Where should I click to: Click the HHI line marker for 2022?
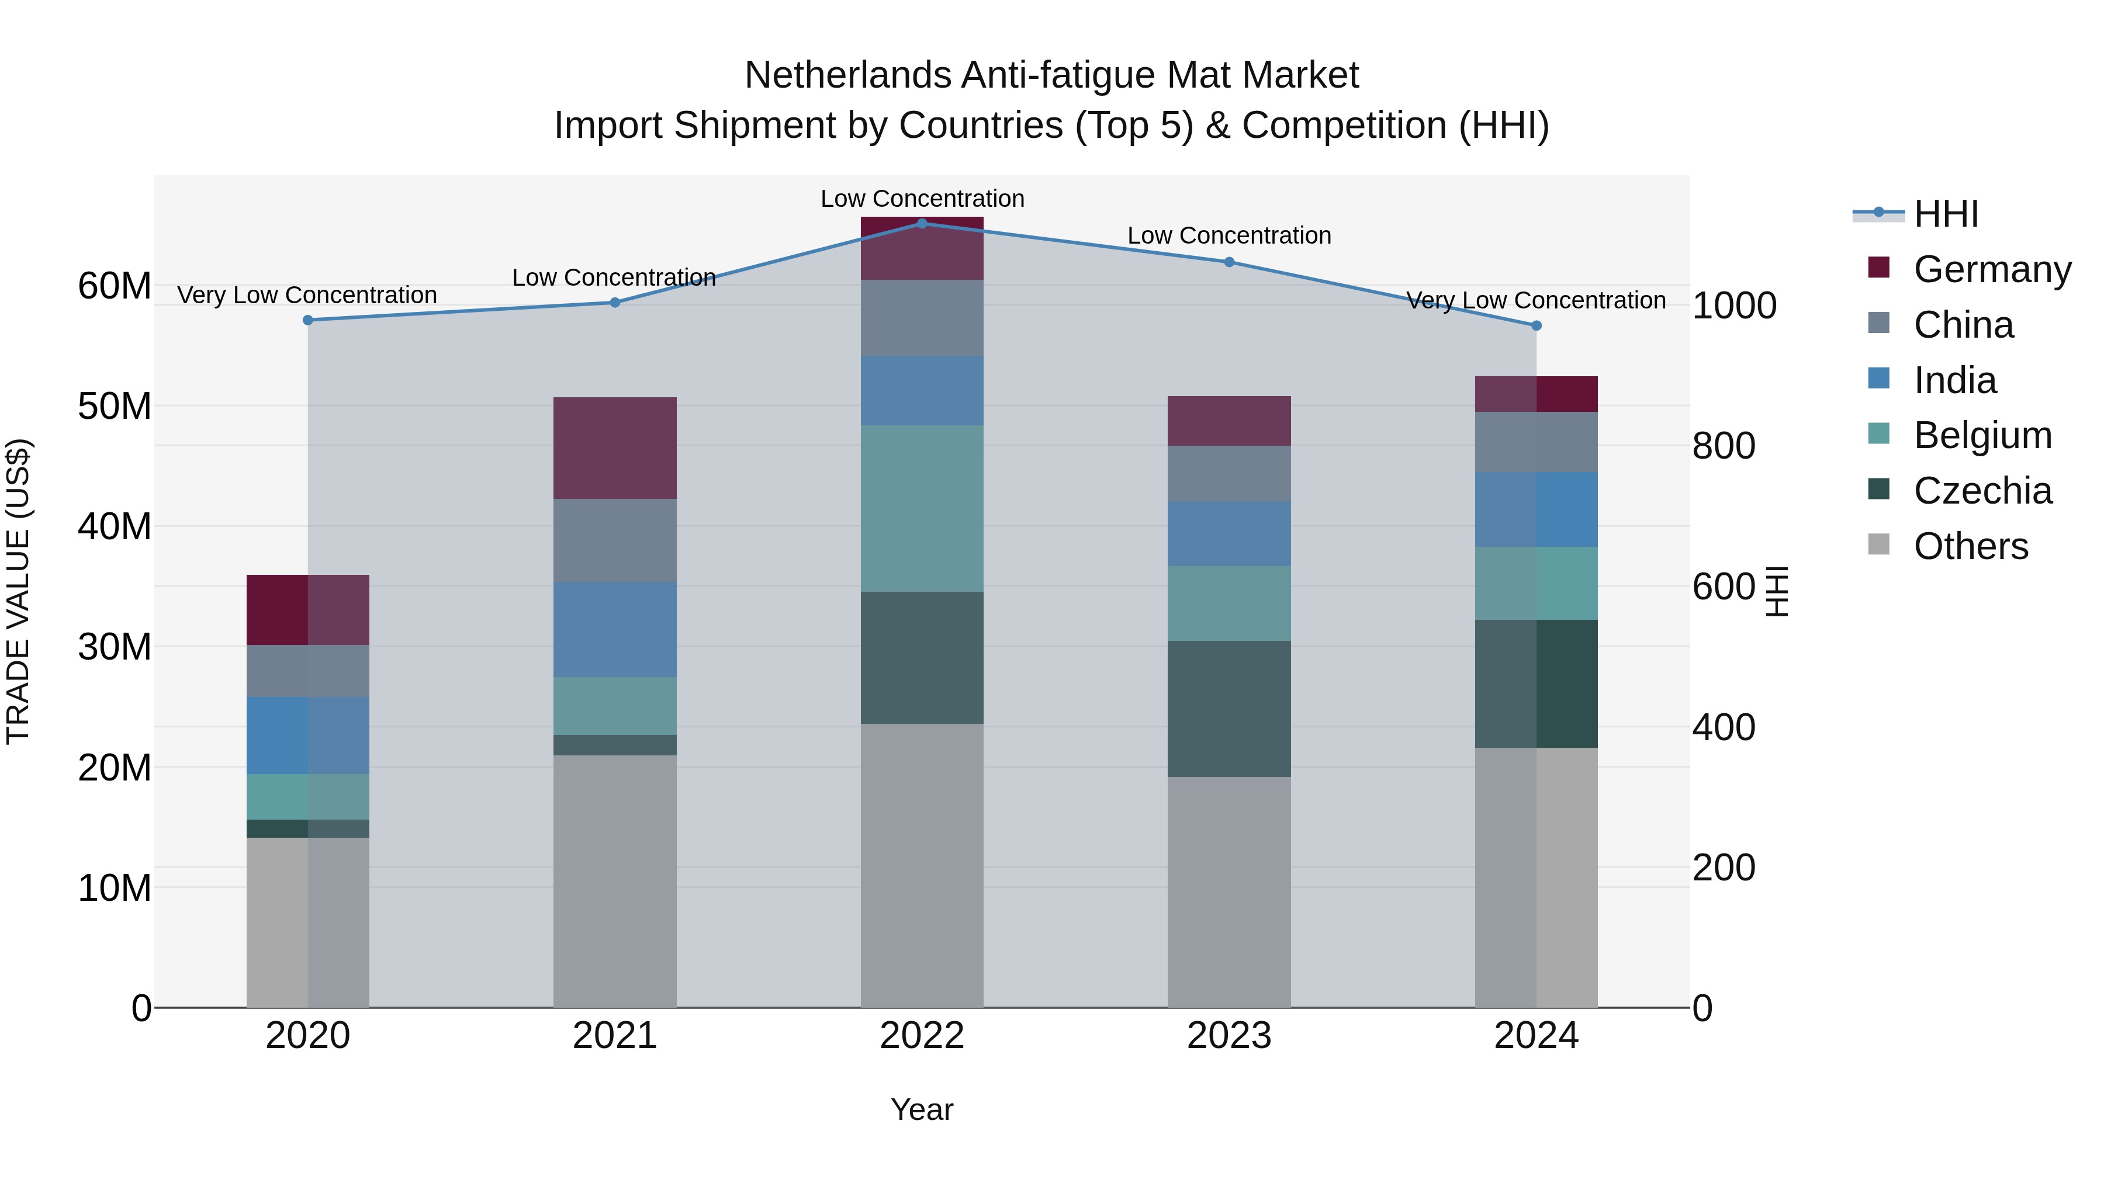tap(922, 223)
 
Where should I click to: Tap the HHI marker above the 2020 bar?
tap(308, 320)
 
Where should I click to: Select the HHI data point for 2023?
tap(1229, 262)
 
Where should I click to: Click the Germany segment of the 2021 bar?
tap(615, 447)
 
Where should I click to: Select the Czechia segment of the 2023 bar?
tap(1229, 708)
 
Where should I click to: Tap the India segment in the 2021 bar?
tap(615, 629)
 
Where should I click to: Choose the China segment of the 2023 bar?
tap(1229, 474)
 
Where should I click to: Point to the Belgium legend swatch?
tap(1878, 433)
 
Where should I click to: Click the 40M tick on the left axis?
tap(115, 526)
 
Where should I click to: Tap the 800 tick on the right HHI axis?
tap(1724, 446)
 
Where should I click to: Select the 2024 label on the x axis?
tap(1535, 1036)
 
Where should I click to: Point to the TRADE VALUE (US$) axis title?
tap(18, 591)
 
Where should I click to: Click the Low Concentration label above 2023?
tap(1229, 235)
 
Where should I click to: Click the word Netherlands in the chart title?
tap(848, 75)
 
